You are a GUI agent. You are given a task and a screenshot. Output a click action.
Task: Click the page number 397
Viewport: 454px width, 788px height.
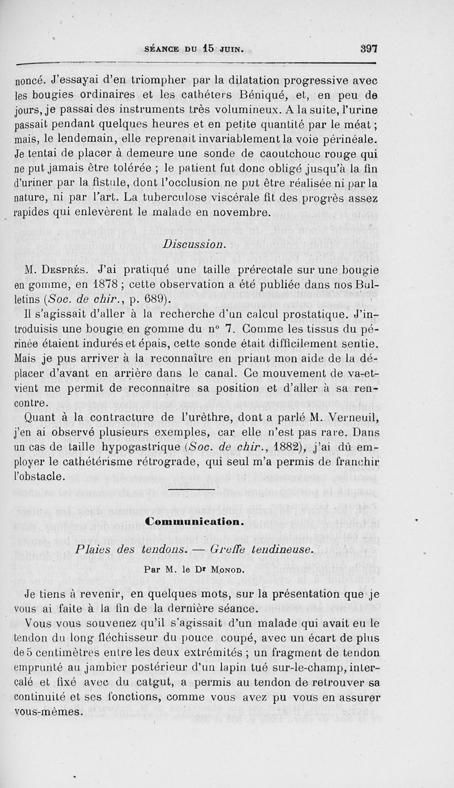[369, 49]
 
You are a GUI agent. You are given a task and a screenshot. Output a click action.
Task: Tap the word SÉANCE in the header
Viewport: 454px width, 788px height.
[163, 49]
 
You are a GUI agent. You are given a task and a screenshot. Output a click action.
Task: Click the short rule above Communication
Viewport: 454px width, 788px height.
[192, 489]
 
